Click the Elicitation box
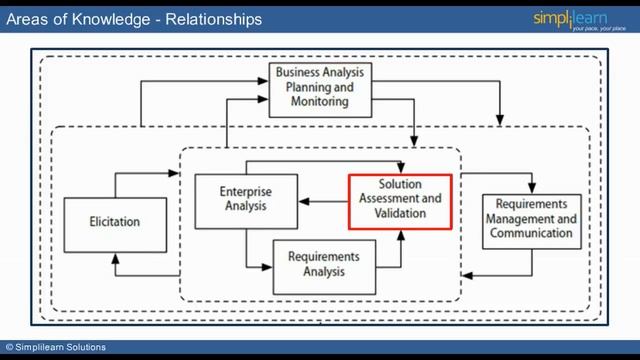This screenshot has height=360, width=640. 115,222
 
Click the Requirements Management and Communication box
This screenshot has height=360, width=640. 531,219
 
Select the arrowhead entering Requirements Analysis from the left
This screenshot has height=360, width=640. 268,266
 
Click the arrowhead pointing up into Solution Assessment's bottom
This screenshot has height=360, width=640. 400,236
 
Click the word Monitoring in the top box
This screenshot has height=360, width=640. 321,101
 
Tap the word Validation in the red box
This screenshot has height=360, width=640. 400,212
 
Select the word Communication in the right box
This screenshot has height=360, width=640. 531,232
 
